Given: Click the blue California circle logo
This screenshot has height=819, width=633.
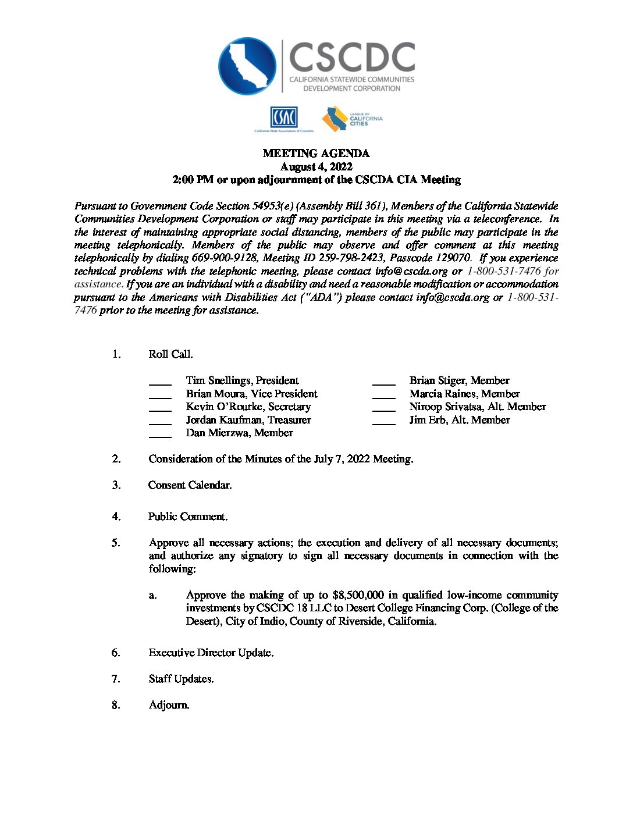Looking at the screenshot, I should tap(247, 66).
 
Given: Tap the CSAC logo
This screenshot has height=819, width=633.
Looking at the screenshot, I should tap(284, 118).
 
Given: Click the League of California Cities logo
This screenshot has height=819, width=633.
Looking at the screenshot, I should tap(353, 119).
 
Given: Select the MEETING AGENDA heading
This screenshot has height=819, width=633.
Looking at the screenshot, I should tap(316, 154).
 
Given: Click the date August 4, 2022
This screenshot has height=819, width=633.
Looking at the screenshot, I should tap(316, 167).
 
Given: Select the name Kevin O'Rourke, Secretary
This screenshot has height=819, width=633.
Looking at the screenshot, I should tap(248, 407).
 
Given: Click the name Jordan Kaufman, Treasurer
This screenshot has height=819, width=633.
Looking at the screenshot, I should tap(248, 420).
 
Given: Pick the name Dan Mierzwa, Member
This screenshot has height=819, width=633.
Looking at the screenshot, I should tap(239, 433).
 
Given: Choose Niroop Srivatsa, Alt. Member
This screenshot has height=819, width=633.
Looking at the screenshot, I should tap(477, 407).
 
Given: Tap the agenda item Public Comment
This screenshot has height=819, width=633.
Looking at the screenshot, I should tap(188, 517).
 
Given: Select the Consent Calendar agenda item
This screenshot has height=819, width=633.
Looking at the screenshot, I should tap(190, 485).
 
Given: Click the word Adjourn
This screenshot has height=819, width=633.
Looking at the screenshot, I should tap(169, 705).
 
